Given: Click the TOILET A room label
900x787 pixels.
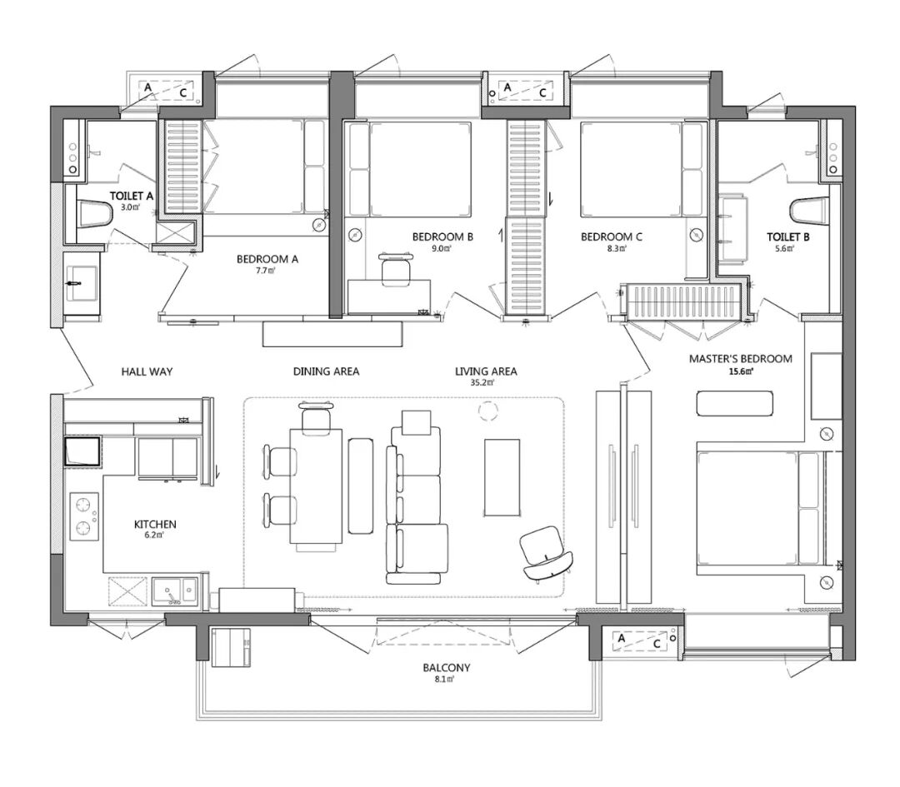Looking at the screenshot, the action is (x=132, y=197).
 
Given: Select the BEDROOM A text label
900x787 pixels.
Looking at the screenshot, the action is (x=267, y=259).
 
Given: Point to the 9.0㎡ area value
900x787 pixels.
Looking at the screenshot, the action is (x=442, y=248).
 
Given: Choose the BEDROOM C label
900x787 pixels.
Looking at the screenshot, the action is (x=612, y=237).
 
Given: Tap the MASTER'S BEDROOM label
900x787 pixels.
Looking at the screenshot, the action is (x=741, y=359).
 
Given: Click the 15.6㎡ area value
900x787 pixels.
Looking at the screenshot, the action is (x=741, y=371).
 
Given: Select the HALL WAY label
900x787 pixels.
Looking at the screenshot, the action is (x=147, y=371).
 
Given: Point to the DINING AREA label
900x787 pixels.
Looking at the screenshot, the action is (x=326, y=371).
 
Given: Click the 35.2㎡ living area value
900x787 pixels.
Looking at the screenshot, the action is (x=482, y=382).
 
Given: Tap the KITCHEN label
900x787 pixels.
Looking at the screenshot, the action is (x=155, y=525).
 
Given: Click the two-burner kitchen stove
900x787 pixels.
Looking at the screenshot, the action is (x=84, y=516).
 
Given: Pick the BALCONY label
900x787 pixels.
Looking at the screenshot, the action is (x=447, y=668).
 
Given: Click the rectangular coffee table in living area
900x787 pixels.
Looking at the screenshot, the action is (x=502, y=477).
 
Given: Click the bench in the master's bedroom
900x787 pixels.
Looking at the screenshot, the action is (x=735, y=403).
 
